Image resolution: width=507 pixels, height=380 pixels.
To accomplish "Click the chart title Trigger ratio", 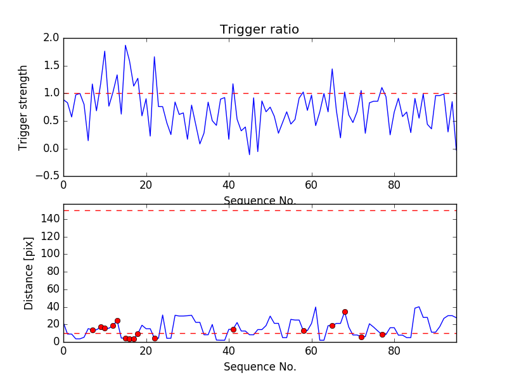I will (259, 30).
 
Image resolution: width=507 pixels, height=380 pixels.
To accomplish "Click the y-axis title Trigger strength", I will (23, 107).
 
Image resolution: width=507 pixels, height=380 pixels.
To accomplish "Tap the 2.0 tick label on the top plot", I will (52, 38).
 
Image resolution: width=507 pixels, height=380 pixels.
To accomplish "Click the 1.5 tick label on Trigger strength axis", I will (52, 66).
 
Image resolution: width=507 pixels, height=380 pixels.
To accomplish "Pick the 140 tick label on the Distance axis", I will (49, 219).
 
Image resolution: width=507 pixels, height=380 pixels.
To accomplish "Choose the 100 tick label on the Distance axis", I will (49, 254).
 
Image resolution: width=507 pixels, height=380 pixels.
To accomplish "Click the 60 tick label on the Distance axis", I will (52, 289).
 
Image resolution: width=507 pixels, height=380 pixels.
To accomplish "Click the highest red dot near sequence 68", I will (345, 312).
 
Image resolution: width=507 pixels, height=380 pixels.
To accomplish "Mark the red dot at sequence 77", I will (382, 334).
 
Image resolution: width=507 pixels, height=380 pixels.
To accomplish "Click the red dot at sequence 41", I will (233, 329).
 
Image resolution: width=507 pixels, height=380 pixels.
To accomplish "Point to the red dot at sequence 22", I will (155, 338).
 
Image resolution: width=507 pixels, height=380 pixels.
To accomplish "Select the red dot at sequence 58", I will (304, 331).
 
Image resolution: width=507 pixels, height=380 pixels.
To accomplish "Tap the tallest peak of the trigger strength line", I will (125, 45).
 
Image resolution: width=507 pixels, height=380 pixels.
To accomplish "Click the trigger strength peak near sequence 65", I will (332, 69).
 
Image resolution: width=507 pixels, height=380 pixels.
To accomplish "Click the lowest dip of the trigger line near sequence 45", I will (249, 154).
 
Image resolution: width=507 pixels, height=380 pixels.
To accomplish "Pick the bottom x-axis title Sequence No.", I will (259, 367).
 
